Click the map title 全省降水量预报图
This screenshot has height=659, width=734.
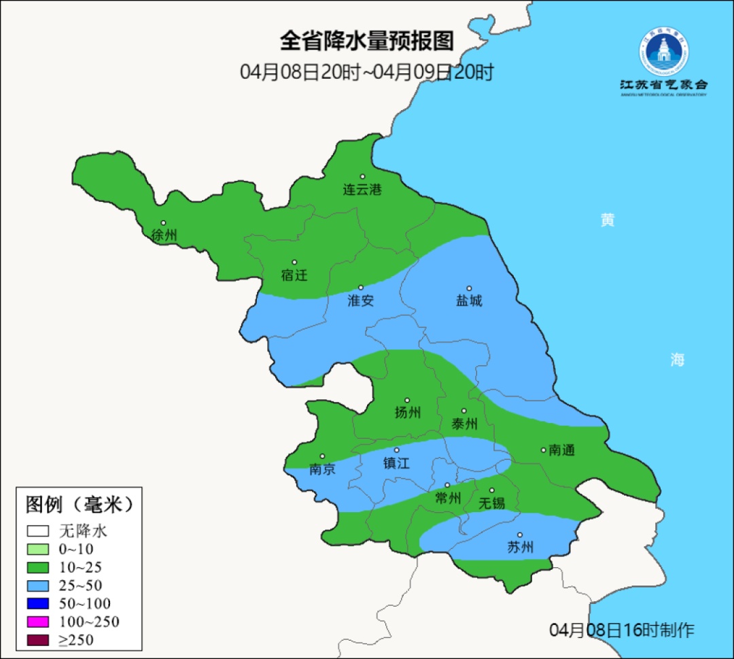click(366, 41)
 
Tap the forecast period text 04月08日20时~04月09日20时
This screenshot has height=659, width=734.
click(366, 72)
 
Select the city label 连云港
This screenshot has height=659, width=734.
click(362, 190)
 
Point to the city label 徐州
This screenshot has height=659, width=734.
click(164, 235)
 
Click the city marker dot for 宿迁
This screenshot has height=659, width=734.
click(294, 263)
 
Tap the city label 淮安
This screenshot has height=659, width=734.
click(360, 300)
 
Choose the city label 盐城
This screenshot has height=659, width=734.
click(468, 300)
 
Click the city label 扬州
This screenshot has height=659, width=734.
click(407, 412)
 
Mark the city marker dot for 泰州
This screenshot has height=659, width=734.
click(464, 411)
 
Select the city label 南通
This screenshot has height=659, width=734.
click(561, 450)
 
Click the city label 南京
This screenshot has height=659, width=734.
click(322, 469)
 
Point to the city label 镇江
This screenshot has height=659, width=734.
click(396, 463)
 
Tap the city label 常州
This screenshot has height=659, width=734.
click(448, 498)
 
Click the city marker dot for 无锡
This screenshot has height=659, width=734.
click(492, 490)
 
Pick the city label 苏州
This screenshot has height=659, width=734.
click(520, 547)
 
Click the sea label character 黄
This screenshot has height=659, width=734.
click(607, 220)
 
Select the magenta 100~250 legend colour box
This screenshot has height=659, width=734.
click(38, 622)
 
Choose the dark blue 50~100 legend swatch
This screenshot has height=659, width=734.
click(38, 603)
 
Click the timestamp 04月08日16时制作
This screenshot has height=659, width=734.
click(621, 630)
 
